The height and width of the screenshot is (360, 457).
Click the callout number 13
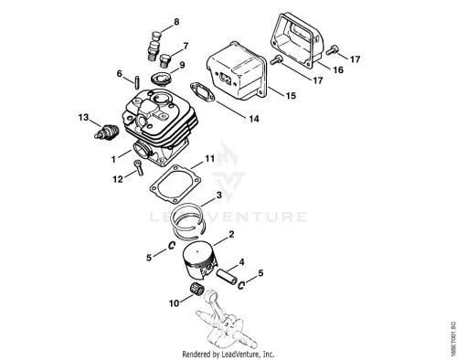pos(83,117)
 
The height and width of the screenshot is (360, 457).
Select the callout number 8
pos(176,22)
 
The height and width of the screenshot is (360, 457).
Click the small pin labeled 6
pos(137,82)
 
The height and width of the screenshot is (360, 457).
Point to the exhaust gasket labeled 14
pos(203,92)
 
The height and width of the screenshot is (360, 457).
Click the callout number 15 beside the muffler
pos(291,96)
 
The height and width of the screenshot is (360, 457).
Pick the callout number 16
pos(338,69)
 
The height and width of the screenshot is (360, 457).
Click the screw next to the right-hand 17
pos(331,49)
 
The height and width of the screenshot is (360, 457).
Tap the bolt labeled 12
pos(139,167)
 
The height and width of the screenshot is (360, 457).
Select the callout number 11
pos(209,158)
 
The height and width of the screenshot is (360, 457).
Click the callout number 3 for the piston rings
pos(218,195)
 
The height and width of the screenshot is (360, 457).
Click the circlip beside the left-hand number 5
pos(172,245)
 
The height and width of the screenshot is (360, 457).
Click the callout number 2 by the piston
pos(231,234)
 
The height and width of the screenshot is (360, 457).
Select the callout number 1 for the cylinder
pos(113,159)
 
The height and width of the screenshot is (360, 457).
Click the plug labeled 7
pos(165,60)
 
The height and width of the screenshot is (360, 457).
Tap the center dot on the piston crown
pos(197,251)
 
